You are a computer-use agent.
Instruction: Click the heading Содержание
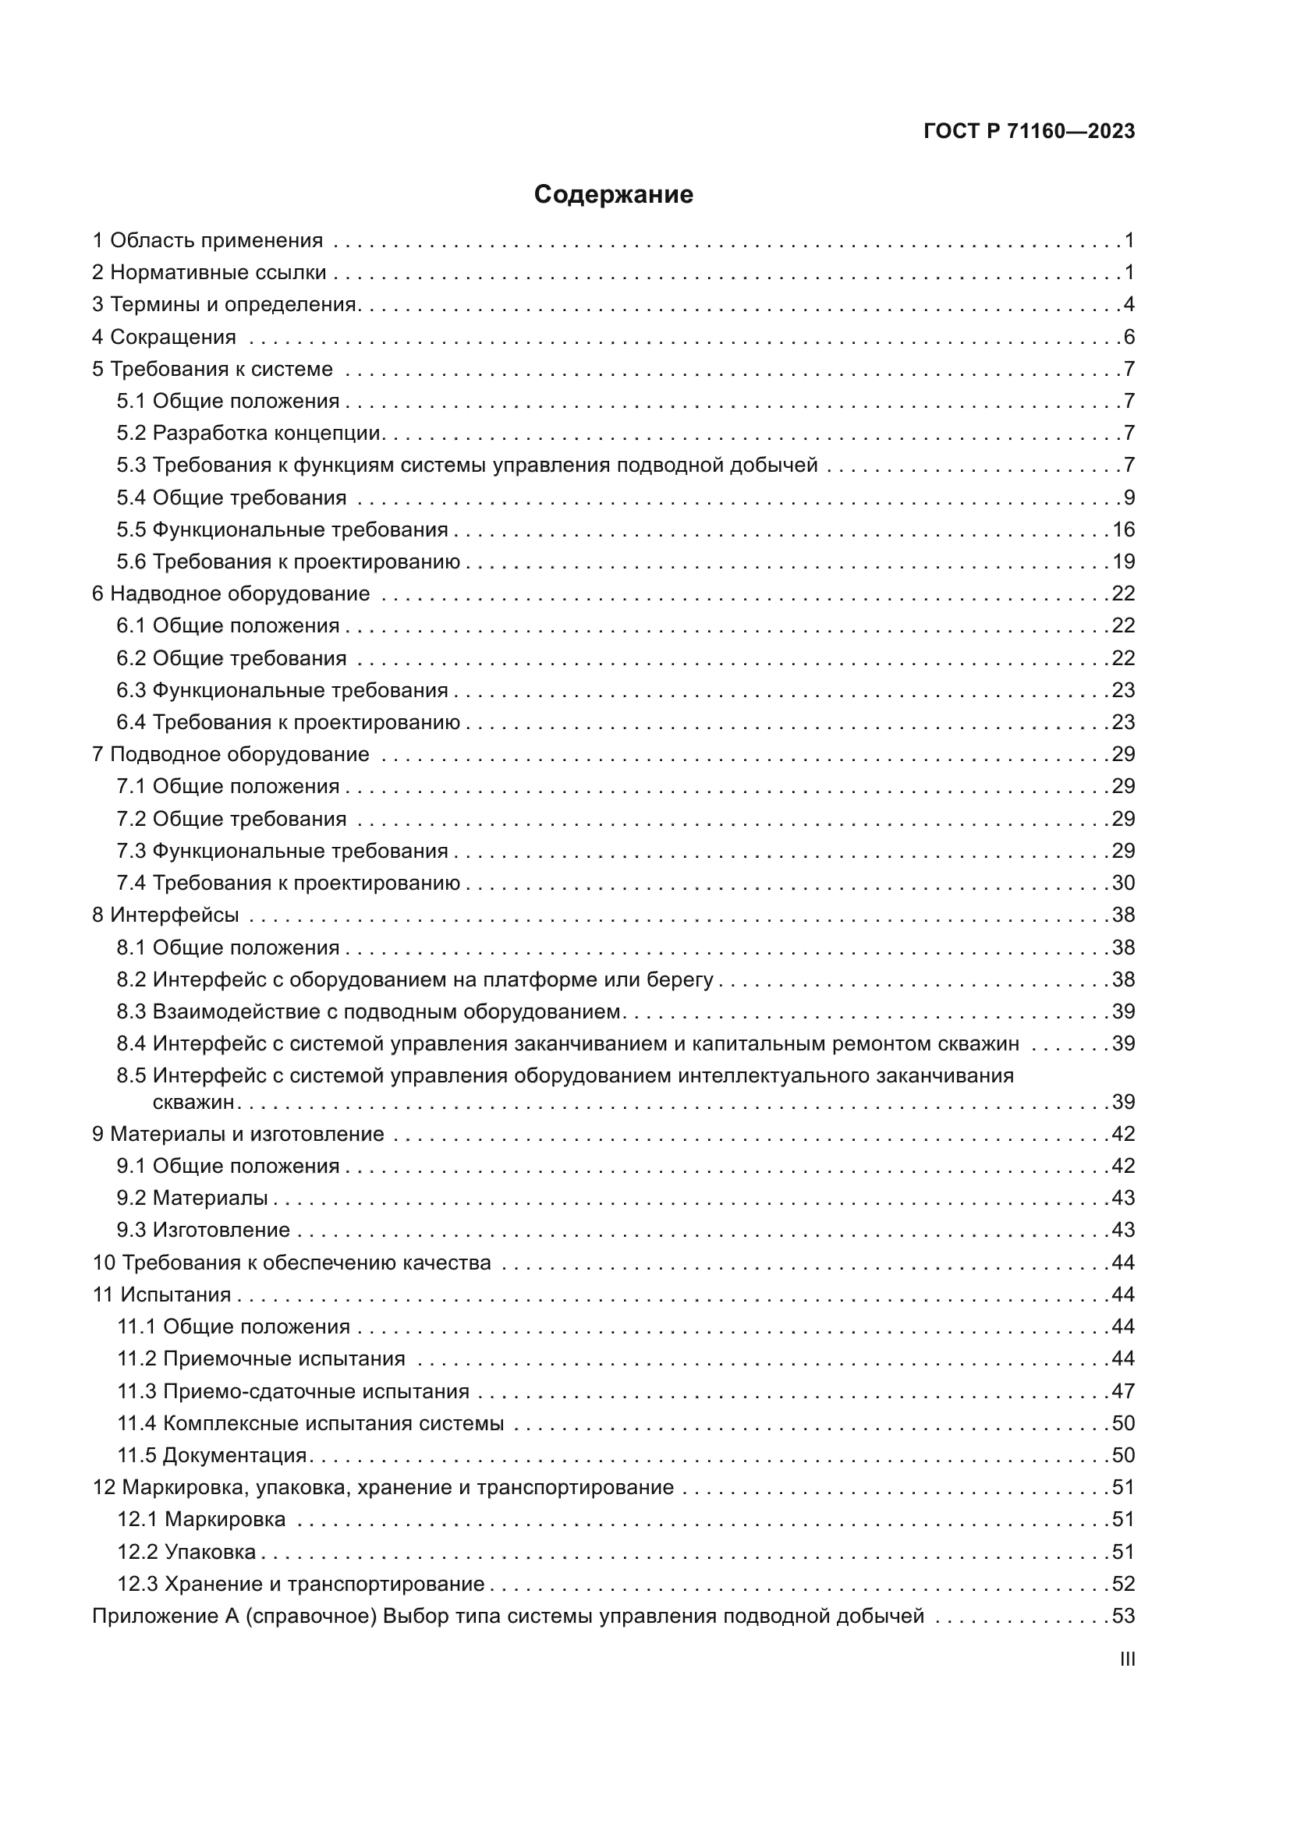pos(613,195)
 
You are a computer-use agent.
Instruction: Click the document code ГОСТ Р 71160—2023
pos(1030,132)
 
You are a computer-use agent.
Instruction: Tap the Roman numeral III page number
pos(1126,1659)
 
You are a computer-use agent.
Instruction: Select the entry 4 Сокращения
pos(165,337)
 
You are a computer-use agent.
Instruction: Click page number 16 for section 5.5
pos(1123,529)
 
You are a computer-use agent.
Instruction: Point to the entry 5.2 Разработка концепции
pos(250,433)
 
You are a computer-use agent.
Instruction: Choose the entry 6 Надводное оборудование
pos(231,594)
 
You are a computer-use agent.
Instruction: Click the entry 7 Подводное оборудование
pos(231,755)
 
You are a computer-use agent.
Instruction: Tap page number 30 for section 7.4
pos(1123,884)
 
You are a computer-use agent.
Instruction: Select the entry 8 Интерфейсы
pos(165,916)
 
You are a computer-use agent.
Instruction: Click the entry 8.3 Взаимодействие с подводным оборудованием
pos(370,1012)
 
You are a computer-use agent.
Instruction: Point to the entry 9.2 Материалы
pos(192,1198)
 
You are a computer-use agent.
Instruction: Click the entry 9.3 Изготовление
pos(204,1231)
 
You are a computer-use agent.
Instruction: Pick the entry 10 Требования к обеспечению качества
pos(292,1263)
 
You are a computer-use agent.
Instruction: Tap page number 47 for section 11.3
pos(1123,1392)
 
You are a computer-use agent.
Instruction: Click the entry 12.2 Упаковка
pos(186,1553)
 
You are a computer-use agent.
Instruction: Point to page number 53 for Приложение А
pos(1123,1617)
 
